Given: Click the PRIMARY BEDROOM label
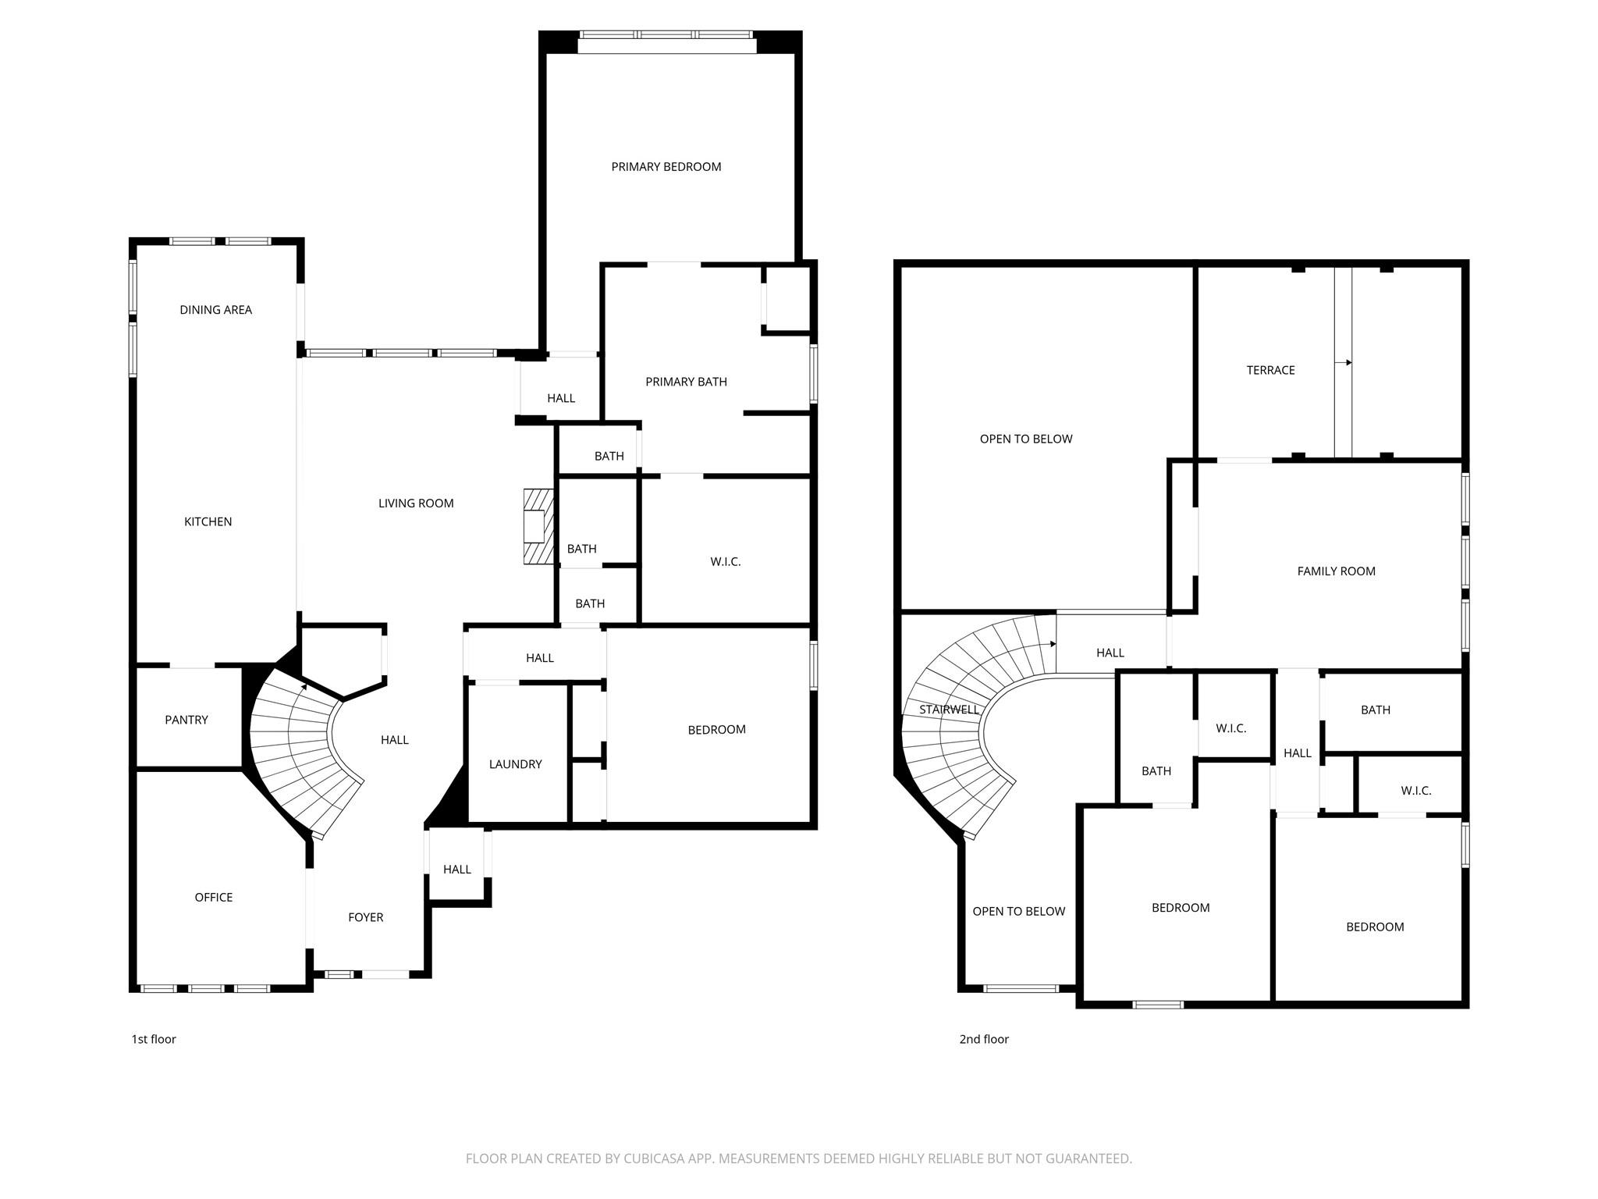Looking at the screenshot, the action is [666, 166].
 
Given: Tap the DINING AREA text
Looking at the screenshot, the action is [216, 310].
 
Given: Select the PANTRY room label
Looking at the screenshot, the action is [186, 720].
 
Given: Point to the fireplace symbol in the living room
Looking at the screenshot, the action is [538, 526].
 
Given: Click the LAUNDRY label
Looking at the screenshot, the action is [516, 764].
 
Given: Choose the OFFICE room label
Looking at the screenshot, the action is [214, 897].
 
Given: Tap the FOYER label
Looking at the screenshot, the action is [366, 917].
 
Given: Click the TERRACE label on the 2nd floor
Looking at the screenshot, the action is [1271, 370].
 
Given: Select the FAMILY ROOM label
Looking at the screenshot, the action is [1337, 571].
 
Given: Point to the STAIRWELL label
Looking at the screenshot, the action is [949, 710].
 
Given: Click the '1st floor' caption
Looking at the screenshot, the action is [154, 1039].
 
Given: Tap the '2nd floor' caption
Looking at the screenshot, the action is [984, 1039].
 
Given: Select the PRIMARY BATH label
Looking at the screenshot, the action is [687, 382].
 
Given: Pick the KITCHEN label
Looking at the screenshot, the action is [208, 521].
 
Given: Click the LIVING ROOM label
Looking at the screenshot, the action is [416, 503].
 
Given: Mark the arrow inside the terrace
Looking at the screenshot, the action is [1344, 362].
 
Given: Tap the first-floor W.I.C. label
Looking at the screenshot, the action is [726, 561].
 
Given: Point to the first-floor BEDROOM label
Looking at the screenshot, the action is [717, 730].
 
